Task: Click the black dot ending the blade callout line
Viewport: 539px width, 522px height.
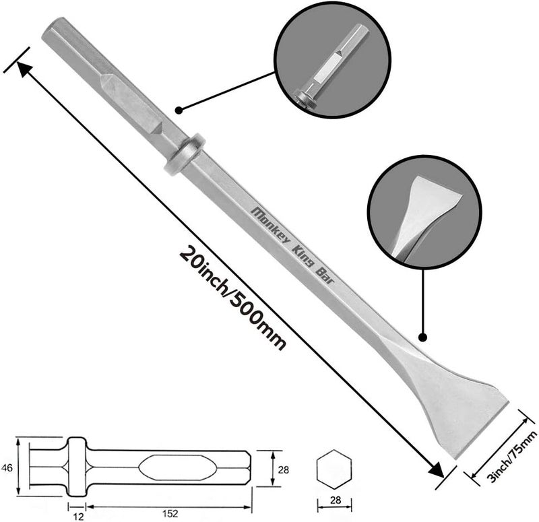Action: tap(423, 337)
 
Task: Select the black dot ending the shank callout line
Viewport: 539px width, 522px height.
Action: tap(179, 109)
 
